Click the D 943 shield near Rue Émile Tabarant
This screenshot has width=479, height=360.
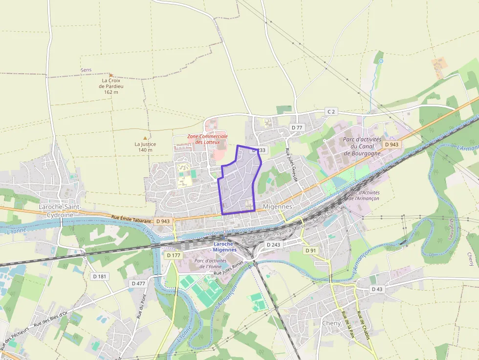tap(163, 221)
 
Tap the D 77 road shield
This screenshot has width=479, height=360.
tap(297, 127)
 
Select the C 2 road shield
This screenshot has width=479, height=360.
tap(331, 112)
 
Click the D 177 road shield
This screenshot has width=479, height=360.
tap(174, 255)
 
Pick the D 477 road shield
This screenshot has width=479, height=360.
tap(138, 283)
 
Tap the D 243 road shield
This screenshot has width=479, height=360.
tap(274, 244)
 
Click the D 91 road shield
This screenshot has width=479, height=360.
tap(310, 251)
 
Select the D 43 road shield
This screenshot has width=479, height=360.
tap(377, 289)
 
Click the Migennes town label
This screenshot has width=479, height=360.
tap(277, 207)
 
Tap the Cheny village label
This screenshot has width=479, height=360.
tap(331, 323)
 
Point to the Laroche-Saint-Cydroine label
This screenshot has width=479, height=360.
tap(59, 211)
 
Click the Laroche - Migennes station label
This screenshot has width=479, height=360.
tap(225, 247)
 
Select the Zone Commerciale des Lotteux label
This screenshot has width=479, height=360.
tap(208, 139)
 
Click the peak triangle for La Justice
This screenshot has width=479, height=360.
tap(145, 138)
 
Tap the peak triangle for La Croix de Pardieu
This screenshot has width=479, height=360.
tap(111, 75)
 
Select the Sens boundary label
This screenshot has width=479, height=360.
tap(86, 70)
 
